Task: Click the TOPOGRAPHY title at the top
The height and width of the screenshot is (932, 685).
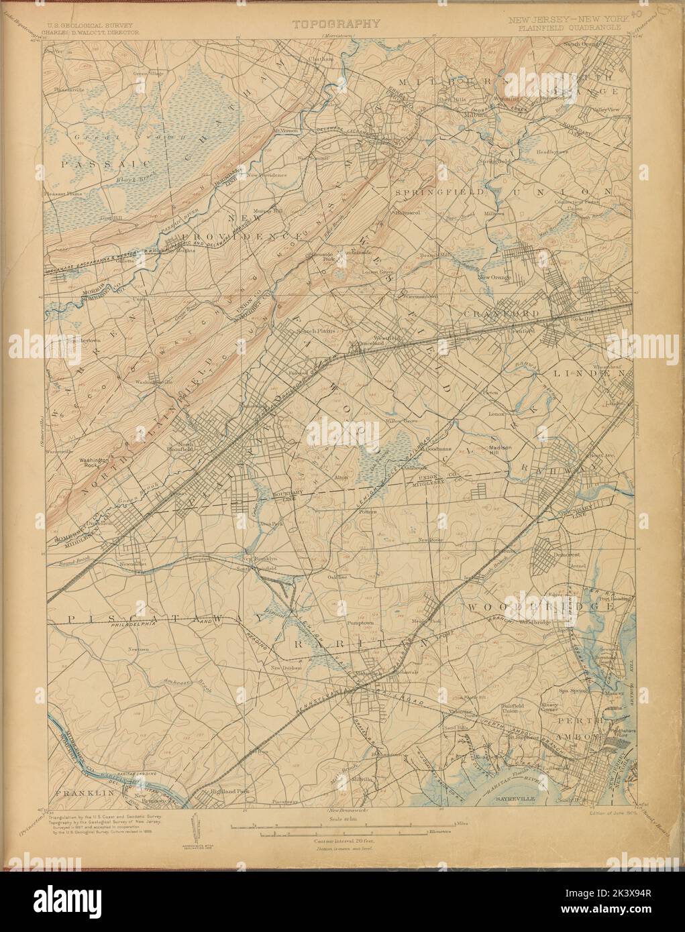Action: (337, 23)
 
